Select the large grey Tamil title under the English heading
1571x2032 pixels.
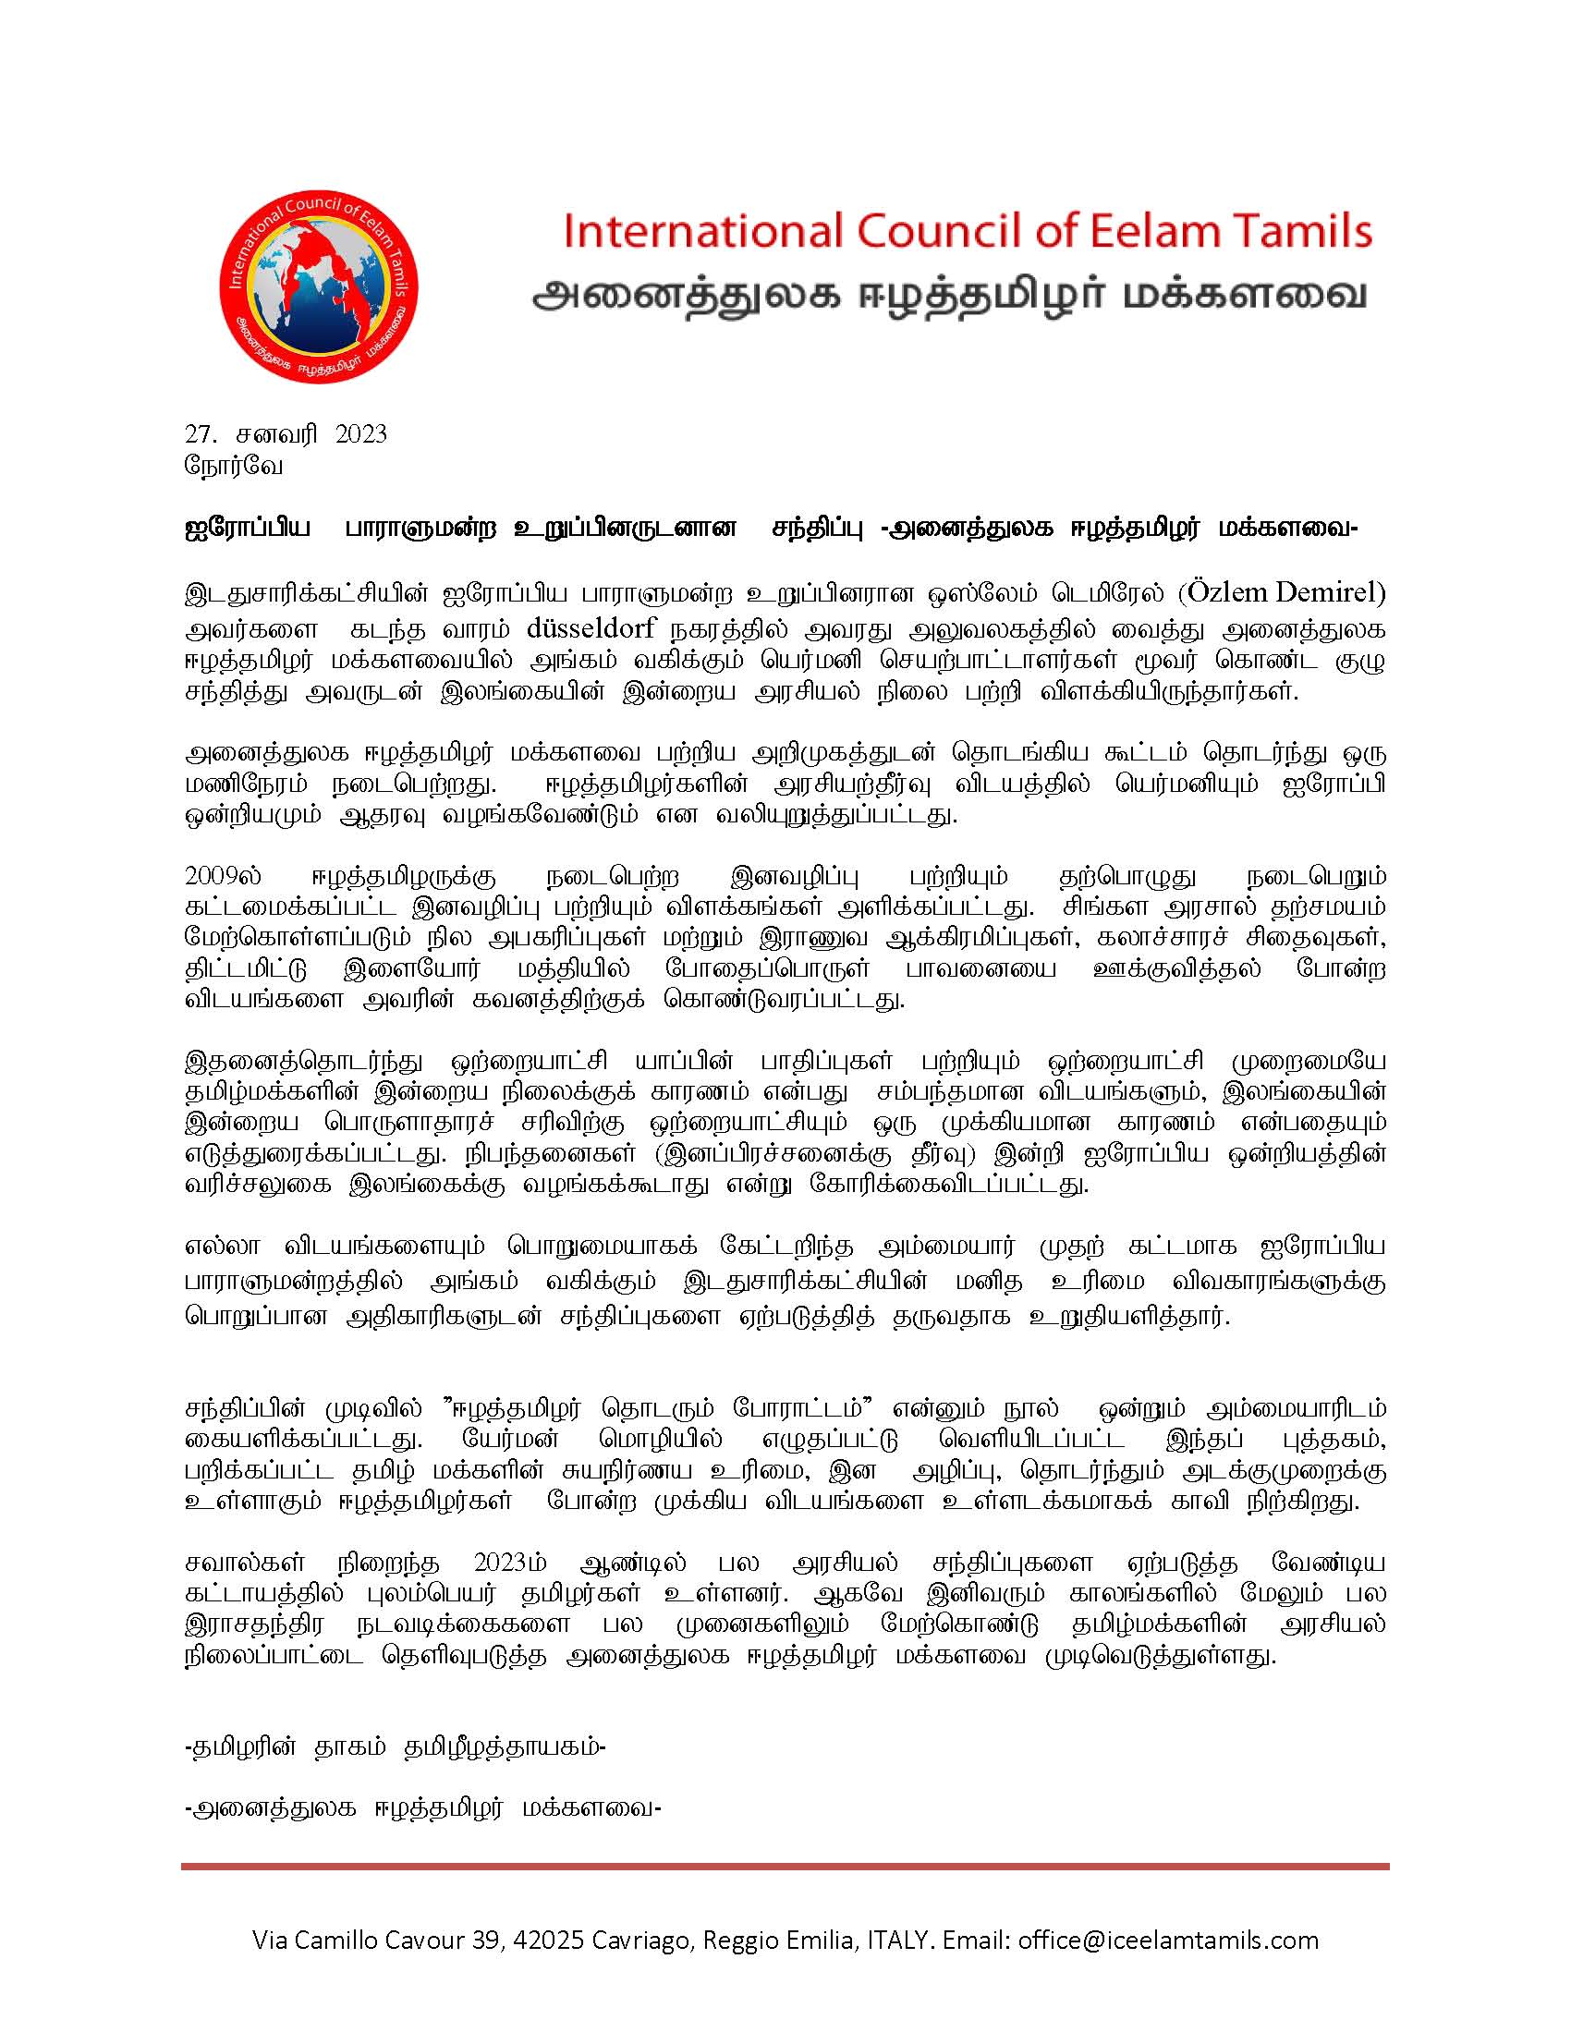pos(950,295)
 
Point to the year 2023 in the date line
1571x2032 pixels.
pos(360,434)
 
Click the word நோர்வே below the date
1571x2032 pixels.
pos(234,465)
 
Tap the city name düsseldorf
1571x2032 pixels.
pos(591,628)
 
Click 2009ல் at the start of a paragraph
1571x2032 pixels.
pos(224,876)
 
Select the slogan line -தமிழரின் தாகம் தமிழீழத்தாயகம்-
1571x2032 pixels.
pos(396,1746)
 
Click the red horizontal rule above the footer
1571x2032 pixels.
pos(785,1867)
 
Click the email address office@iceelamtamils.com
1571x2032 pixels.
pos(1168,1941)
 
